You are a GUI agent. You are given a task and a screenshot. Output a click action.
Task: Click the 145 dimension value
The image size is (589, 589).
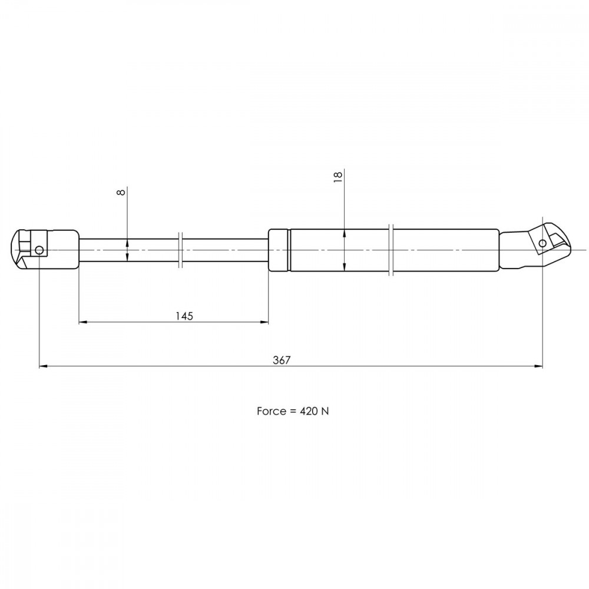(184, 316)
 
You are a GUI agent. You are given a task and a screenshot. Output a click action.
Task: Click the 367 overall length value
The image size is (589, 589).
(282, 360)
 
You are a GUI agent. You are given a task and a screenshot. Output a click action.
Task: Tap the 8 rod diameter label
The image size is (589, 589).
(121, 193)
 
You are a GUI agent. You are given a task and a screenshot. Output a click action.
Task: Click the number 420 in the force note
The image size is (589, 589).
(309, 411)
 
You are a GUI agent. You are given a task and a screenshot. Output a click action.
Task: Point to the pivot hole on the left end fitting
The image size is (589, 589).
(39, 250)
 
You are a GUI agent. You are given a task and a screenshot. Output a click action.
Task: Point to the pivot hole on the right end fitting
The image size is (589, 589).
(542, 243)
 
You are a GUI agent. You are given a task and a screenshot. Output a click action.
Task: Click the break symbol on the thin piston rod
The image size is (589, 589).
(180, 250)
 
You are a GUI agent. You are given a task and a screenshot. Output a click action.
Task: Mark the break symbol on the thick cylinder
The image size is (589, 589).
(391, 250)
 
